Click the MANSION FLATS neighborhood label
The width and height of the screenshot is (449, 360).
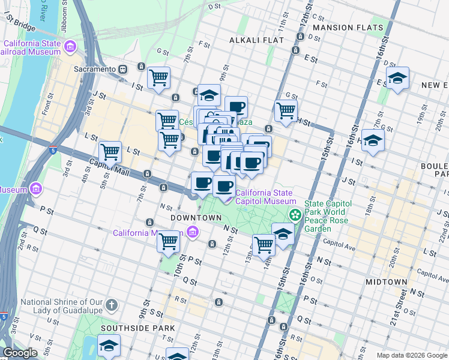[x=348, y=28]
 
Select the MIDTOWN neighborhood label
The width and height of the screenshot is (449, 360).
[x=387, y=281]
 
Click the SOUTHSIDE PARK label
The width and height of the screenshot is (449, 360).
[x=138, y=328]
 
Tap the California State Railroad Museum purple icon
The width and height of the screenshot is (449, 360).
[x=70, y=46]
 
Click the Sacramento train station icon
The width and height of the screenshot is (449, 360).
[x=122, y=69]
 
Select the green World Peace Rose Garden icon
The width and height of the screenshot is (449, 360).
[x=295, y=214]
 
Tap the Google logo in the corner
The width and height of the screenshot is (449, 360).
[x=20, y=353]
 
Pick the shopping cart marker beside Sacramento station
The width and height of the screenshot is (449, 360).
[x=158, y=77]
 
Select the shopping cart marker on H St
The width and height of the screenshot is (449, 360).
[x=286, y=110]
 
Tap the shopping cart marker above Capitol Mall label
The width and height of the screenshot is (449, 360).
[x=110, y=152]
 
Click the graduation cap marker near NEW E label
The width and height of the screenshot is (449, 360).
[x=397, y=78]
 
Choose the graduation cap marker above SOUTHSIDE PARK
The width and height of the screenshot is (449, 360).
[x=109, y=345]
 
